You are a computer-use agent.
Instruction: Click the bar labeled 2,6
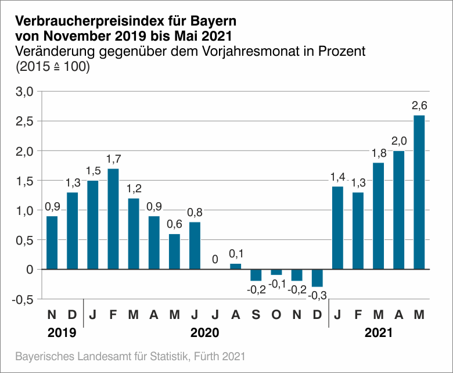[x=419, y=192]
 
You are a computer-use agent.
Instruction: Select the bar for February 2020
[x=113, y=219]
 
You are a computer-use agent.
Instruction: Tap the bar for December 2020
[x=317, y=278]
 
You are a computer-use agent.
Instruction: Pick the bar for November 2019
[x=52, y=243]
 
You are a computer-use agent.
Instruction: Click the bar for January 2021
[x=337, y=228]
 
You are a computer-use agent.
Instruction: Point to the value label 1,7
[x=113, y=158]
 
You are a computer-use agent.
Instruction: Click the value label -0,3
[x=317, y=296]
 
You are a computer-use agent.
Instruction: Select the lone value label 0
[x=215, y=259]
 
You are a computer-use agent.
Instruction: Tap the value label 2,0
[x=398, y=140]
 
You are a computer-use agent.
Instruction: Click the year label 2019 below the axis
[x=62, y=333]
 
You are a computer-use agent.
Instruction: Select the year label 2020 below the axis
[x=205, y=333]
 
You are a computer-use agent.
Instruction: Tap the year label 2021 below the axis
[x=378, y=333]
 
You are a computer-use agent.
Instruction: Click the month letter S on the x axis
[x=256, y=315]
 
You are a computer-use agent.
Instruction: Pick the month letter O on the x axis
[x=276, y=315]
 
